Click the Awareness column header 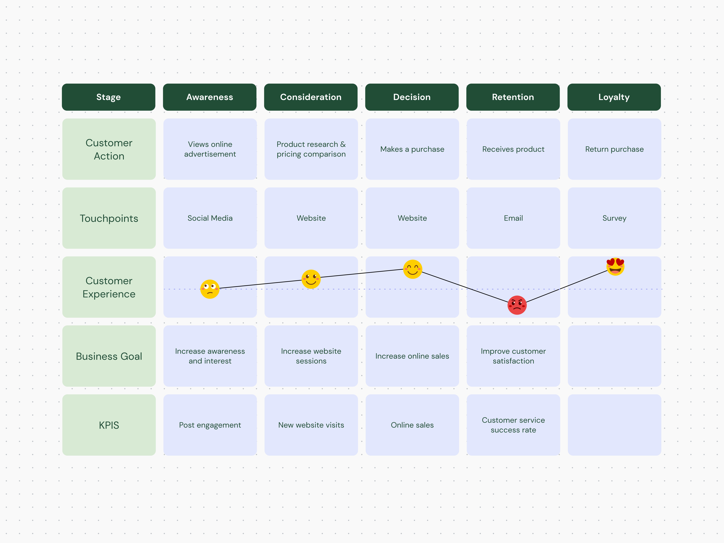[209, 97]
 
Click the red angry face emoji [517, 305]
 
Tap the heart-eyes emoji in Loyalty [615, 266]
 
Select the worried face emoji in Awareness [209, 289]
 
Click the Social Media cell [210, 218]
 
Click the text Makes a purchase [412, 149]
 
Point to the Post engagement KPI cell [210, 425]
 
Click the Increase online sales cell [412, 356]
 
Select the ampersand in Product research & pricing [343, 144]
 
